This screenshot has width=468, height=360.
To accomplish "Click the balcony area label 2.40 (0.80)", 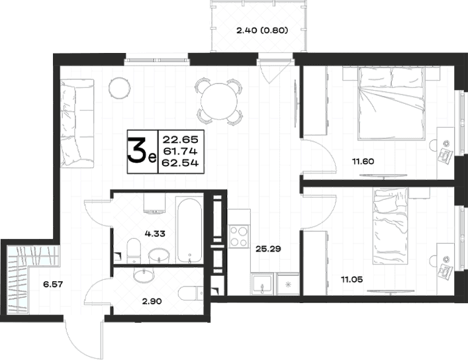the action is (262, 30).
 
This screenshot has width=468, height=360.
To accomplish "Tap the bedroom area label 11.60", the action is (363, 161).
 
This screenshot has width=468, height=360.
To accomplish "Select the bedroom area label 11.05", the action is (352, 280).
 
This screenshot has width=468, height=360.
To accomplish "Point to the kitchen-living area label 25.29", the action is (268, 249).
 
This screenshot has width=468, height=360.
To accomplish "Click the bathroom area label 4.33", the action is (155, 234).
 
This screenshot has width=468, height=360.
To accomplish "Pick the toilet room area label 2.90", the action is (152, 302).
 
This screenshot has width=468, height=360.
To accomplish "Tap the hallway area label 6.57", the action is (53, 284).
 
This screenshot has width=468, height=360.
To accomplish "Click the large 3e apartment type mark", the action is (142, 152).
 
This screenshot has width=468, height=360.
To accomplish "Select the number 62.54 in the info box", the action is (180, 163).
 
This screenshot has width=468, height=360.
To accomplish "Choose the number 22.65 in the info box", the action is (180, 140).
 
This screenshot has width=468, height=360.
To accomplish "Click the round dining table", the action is (219, 101).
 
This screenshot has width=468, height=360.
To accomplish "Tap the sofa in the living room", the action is (77, 123).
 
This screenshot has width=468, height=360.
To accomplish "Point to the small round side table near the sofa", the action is (119, 88).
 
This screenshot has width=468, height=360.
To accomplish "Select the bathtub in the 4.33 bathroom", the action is (189, 231).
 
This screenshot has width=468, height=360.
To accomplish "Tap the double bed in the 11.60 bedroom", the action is (392, 103).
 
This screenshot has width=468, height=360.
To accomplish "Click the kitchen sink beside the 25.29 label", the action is (262, 284).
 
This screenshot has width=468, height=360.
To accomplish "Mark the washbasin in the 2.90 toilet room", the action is (144, 275).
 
